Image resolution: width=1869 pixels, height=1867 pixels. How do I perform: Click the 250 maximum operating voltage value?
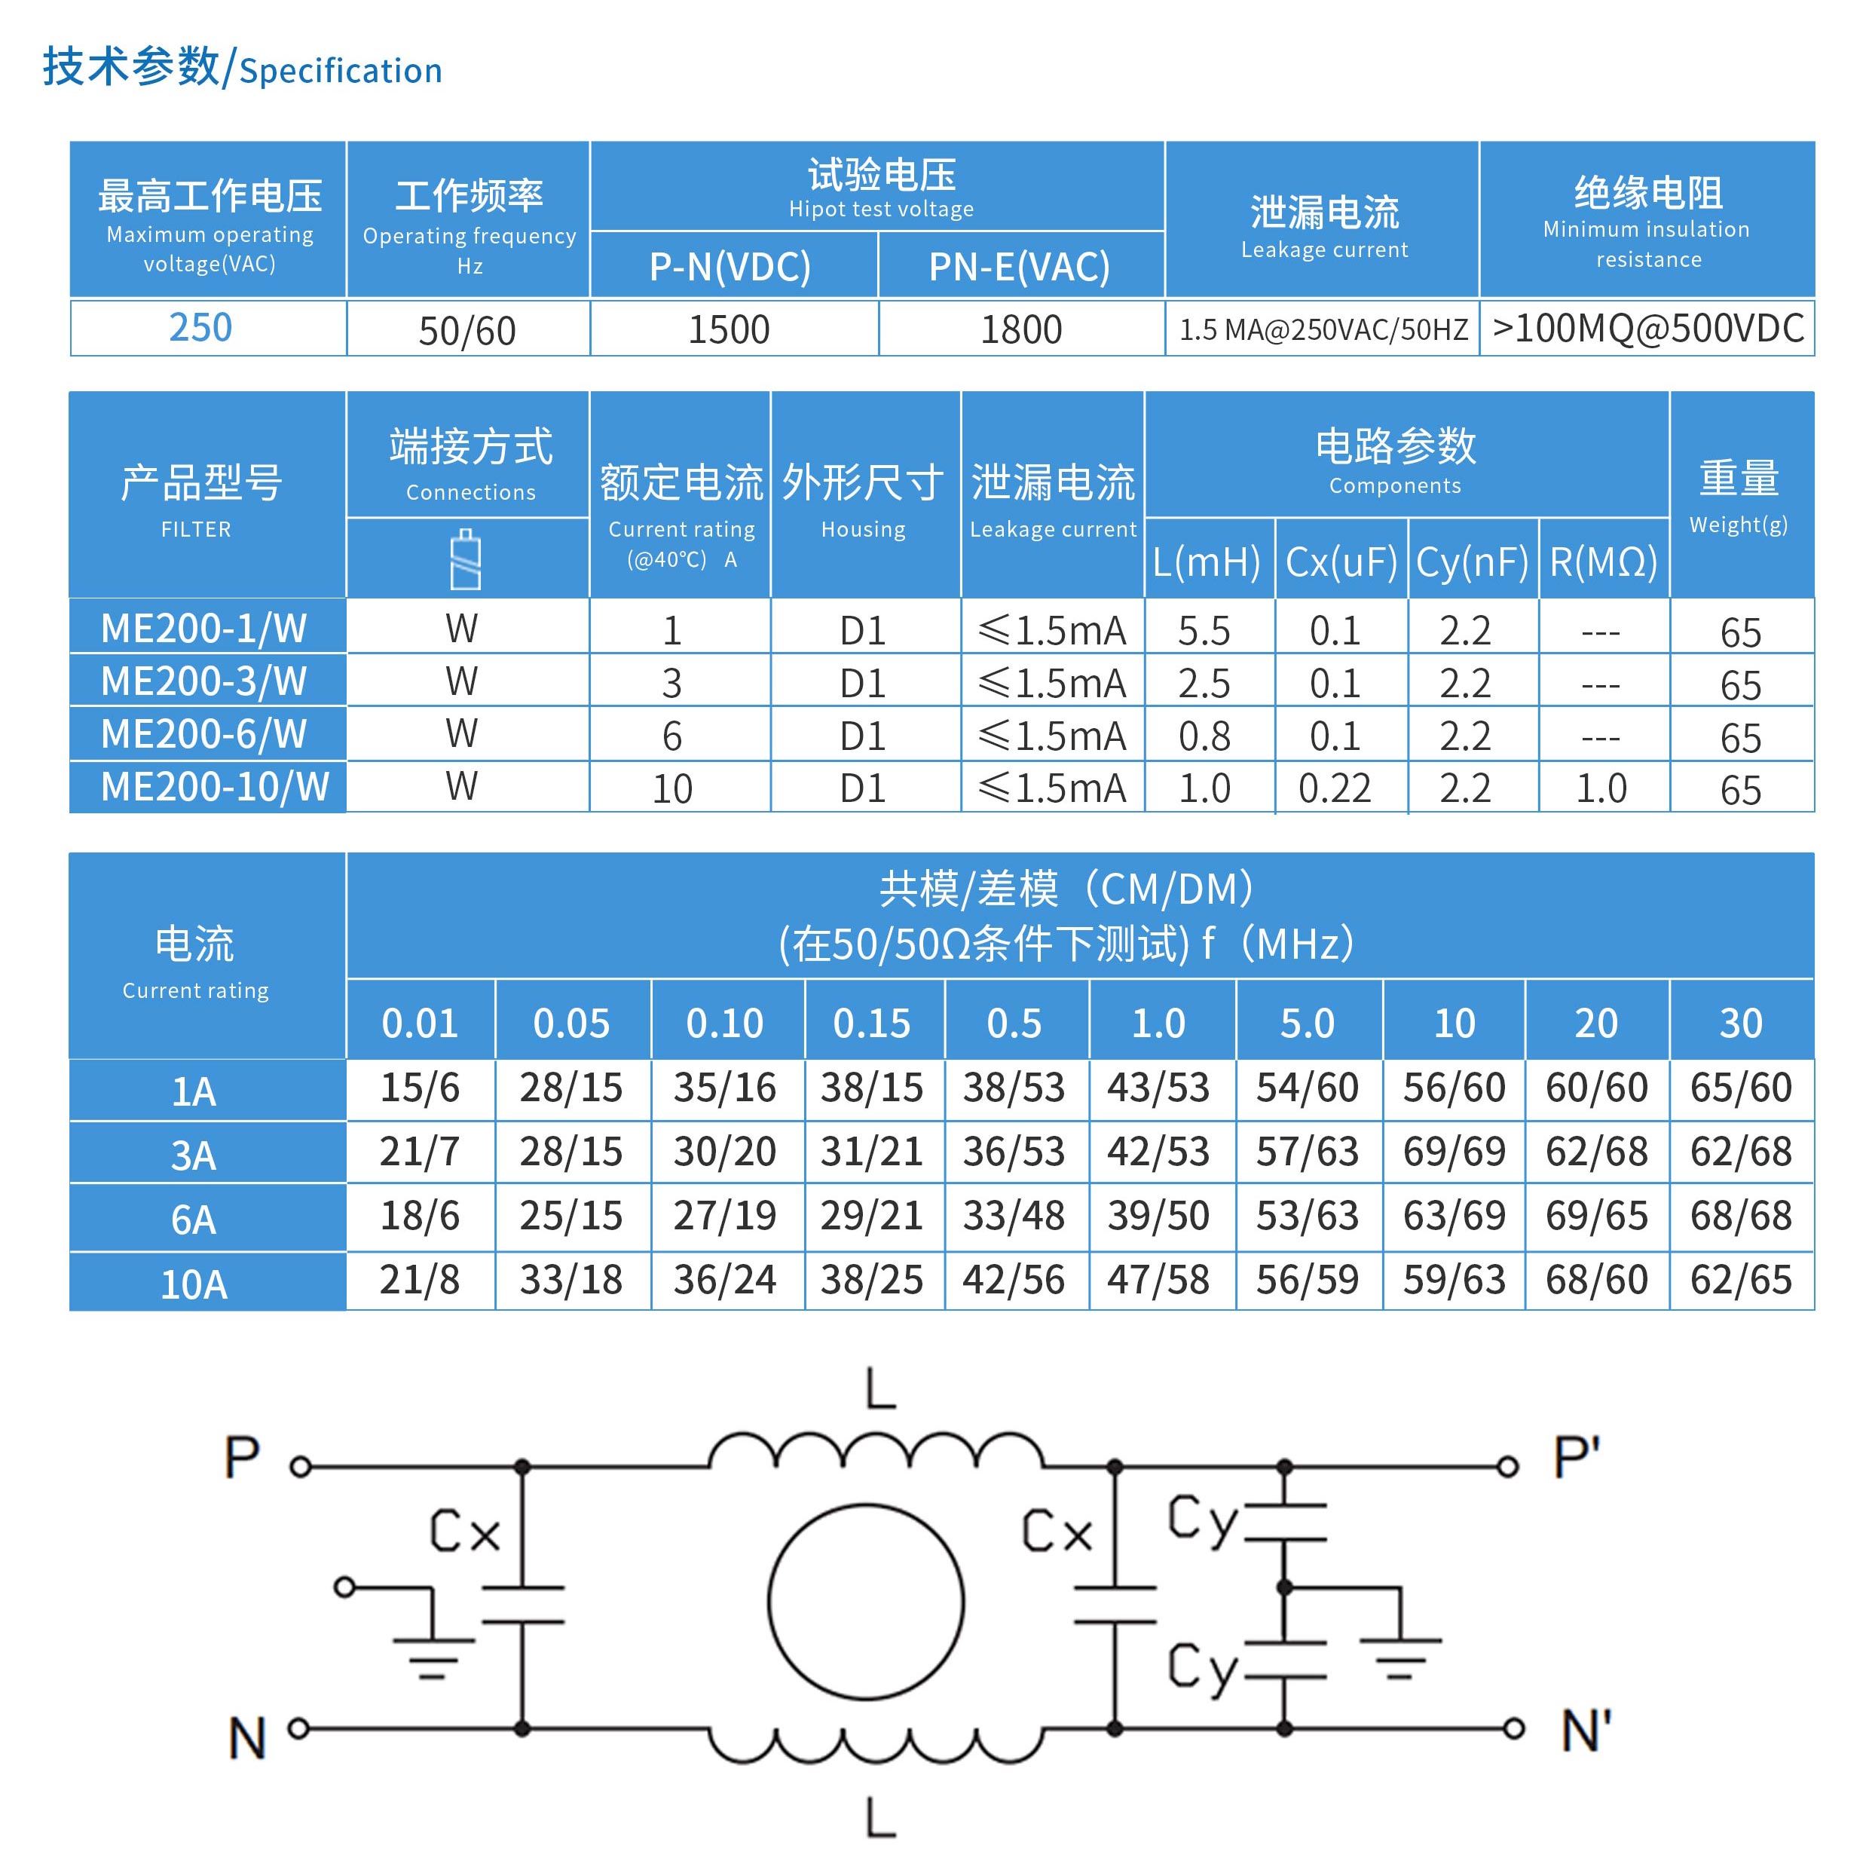pyautogui.click(x=200, y=328)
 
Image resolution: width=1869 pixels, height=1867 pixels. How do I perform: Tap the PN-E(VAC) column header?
pyautogui.click(x=1019, y=267)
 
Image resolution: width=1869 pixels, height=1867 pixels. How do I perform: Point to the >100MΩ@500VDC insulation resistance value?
pyautogui.click(x=1647, y=329)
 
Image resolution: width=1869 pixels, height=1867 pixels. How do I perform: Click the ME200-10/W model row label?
pyautogui.click(x=215, y=786)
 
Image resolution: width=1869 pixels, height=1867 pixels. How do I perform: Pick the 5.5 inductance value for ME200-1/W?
pyautogui.click(x=1204, y=631)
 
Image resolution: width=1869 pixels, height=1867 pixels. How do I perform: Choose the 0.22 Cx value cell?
pyautogui.click(x=1334, y=788)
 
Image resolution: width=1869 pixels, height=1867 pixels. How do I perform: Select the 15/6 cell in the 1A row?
pyautogui.click(x=419, y=1088)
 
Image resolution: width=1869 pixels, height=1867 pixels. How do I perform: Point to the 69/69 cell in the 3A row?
pyautogui.click(x=1454, y=1151)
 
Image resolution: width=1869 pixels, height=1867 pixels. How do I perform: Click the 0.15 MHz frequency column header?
pyautogui.click(x=872, y=1023)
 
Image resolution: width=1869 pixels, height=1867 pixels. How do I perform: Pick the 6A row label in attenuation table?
pyautogui.click(x=194, y=1220)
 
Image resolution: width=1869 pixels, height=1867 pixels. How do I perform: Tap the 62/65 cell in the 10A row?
pyautogui.click(x=1740, y=1280)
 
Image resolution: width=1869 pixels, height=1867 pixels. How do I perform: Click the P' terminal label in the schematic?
pyautogui.click(x=1576, y=1457)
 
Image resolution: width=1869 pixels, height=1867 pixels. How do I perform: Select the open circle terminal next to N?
pyautogui.click(x=299, y=1728)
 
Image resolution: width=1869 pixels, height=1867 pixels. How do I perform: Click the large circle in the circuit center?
pyautogui.click(x=866, y=1601)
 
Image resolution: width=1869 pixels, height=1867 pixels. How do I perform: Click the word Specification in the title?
pyautogui.click(x=341, y=71)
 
